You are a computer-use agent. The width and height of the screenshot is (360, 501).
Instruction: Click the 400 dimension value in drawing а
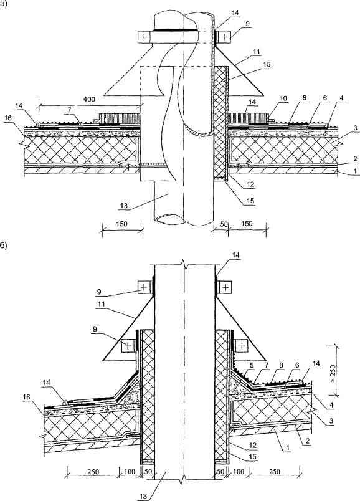pos(89,99)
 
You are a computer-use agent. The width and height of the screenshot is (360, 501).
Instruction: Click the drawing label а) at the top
pos(4,4)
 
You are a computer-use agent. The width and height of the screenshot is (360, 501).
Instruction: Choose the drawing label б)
pos(4,246)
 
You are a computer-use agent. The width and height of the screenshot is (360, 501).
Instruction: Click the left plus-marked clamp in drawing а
pos(144,37)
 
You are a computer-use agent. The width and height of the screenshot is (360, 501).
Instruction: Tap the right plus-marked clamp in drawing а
pos(225,37)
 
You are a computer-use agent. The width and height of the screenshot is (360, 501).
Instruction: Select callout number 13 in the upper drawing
pos(123,206)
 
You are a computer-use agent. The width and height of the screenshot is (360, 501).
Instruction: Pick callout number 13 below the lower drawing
pos(144,495)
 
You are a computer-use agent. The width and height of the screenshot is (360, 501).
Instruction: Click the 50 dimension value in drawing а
pos(224,224)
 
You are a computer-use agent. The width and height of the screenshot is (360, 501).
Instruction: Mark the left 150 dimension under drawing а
pos(121,223)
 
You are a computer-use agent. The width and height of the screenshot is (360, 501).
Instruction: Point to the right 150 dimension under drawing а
pos(247,223)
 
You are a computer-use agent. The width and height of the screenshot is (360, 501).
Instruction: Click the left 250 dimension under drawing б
pos(93,472)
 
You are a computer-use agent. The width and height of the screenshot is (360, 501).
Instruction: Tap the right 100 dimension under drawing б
pos(239,472)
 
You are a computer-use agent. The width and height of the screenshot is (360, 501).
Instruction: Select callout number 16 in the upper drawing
pos(8,118)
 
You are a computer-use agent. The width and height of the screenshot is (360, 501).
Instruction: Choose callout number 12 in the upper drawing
pos(251,184)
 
